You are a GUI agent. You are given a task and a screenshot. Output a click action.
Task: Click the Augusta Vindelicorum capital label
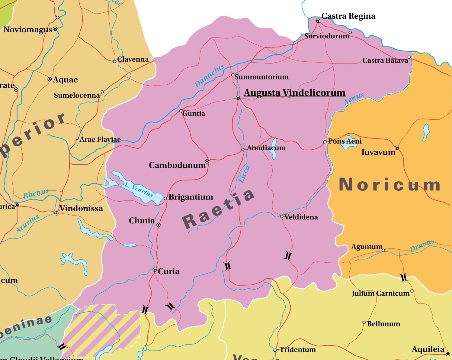(x=294, y=92)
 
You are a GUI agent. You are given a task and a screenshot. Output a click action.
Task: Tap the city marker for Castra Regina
(x=318, y=21)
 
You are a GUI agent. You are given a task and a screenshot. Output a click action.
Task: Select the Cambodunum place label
(x=177, y=165)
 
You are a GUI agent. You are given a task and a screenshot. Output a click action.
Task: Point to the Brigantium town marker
(x=165, y=199)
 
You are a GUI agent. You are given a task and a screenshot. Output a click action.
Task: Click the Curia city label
(x=168, y=271)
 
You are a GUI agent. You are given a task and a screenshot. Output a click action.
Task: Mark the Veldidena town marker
(x=282, y=216)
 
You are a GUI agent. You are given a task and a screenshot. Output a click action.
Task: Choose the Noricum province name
(x=389, y=184)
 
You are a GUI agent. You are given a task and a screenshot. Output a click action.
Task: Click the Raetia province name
(x=219, y=209)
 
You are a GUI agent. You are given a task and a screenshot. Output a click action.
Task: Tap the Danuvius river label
(x=209, y=76)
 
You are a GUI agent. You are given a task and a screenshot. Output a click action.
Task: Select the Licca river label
(x=244, y=174)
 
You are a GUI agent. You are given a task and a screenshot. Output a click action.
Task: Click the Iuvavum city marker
(x=397, y=148)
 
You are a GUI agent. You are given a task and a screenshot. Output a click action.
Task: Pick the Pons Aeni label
(x=345, y=141)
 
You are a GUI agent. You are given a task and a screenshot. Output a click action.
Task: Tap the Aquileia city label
(x=428, y=349)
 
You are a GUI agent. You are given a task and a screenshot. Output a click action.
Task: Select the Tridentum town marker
(x=275, y=350)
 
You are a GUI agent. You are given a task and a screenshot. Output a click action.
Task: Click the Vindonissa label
(x=81, y=208)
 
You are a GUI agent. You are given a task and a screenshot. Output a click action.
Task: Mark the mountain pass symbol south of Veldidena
(x=288, y=256)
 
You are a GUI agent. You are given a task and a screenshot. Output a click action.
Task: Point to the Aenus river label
(x=354, y=99)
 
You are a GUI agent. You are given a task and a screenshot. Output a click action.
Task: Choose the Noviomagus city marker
(x=55, y=29)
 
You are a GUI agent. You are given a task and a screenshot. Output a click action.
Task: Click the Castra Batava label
(x=385, y=60)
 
